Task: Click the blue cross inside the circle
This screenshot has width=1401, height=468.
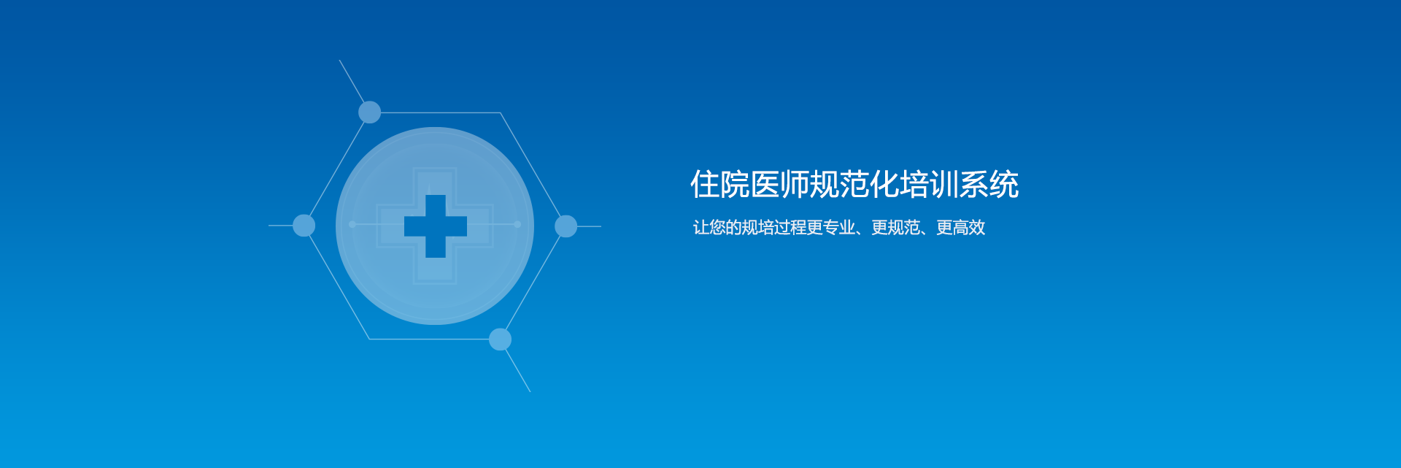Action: click(x=436, y=226)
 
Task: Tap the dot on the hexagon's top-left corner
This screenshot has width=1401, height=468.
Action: click(x=370, y=112)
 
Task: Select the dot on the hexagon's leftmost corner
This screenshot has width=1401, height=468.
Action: click(x=304, y=226)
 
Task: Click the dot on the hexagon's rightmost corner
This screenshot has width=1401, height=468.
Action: click(x=566, y=226)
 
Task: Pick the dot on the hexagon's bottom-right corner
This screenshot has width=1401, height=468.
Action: click(x=500, y=340)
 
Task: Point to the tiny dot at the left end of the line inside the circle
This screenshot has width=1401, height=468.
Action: click(x=352, y=224)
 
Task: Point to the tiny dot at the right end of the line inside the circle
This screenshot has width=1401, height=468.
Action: click(x=517, y=224)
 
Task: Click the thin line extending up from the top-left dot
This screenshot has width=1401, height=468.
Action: click(x=352, y=81)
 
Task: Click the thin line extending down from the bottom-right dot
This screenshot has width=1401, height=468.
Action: click(x=518, y=371)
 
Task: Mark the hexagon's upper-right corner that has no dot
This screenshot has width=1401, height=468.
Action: click(x=500, y=112)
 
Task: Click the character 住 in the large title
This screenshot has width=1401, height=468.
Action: click(x=705, y=184)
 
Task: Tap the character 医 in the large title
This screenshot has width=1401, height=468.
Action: click(x=765, y=184)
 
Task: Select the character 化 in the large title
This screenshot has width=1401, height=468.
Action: click(x=884, y=184)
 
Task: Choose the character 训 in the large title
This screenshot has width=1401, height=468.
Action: click(x=944, y=184)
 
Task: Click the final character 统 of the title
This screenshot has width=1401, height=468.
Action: click(x=1004, y=184)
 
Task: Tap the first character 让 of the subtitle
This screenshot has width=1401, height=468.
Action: click(x=701, y=228)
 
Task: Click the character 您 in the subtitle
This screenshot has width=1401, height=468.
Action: click(x=717, y=228)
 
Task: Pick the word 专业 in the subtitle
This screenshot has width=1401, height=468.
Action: click(x=839, y=228)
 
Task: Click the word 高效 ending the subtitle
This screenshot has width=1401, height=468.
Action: click(x=969, y=228)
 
